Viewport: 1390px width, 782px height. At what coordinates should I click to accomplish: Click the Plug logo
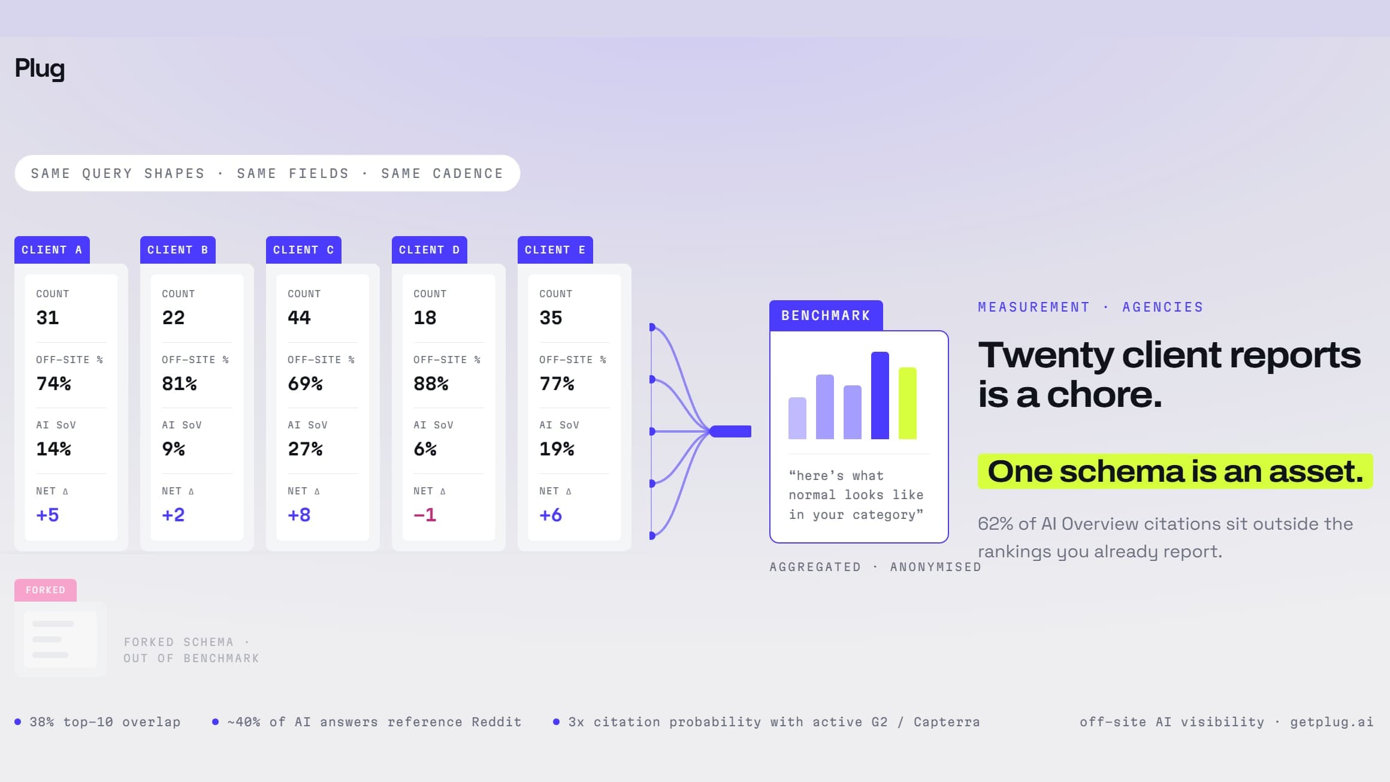(x=40, y=69)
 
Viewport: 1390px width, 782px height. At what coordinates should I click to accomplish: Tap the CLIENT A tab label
(x=52, y=250)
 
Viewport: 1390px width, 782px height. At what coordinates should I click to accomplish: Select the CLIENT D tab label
(x=430, y=250)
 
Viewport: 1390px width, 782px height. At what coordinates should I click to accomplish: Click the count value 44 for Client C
(x=299, y=318)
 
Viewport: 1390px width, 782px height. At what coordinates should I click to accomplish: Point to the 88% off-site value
(x=431, y=384)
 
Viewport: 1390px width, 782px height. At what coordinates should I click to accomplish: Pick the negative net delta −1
(x=425, y=515)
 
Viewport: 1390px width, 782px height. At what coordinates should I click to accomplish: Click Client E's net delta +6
(x=551, y=515)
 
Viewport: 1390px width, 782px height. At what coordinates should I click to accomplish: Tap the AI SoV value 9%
(x=173, y=449)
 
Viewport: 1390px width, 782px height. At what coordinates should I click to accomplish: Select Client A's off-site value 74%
(x=53, y=384)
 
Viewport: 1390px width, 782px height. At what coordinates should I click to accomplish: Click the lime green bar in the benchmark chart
(x=908, y=403)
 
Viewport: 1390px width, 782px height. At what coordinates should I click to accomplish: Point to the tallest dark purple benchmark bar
(x=880, y=395)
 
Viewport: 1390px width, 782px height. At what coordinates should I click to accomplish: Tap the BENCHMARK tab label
(x=826, y=316)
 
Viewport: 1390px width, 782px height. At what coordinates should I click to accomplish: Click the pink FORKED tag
(x=46, y=590)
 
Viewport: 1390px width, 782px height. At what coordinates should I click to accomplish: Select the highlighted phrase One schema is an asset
(x=1176, y=471)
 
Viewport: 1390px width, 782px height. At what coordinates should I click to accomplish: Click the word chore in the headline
(x=1104, y=394)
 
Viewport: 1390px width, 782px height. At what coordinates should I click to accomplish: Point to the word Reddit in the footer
(x=497, y=722)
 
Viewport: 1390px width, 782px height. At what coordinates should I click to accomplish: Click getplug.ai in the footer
(x=1332, y=723)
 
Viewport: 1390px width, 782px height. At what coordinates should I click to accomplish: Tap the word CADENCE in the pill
(x=468, y=174)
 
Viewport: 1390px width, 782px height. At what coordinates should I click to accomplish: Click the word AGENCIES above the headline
(x=1163, y=307)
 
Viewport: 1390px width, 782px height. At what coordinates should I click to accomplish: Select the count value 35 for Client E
(x=551, y=318)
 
